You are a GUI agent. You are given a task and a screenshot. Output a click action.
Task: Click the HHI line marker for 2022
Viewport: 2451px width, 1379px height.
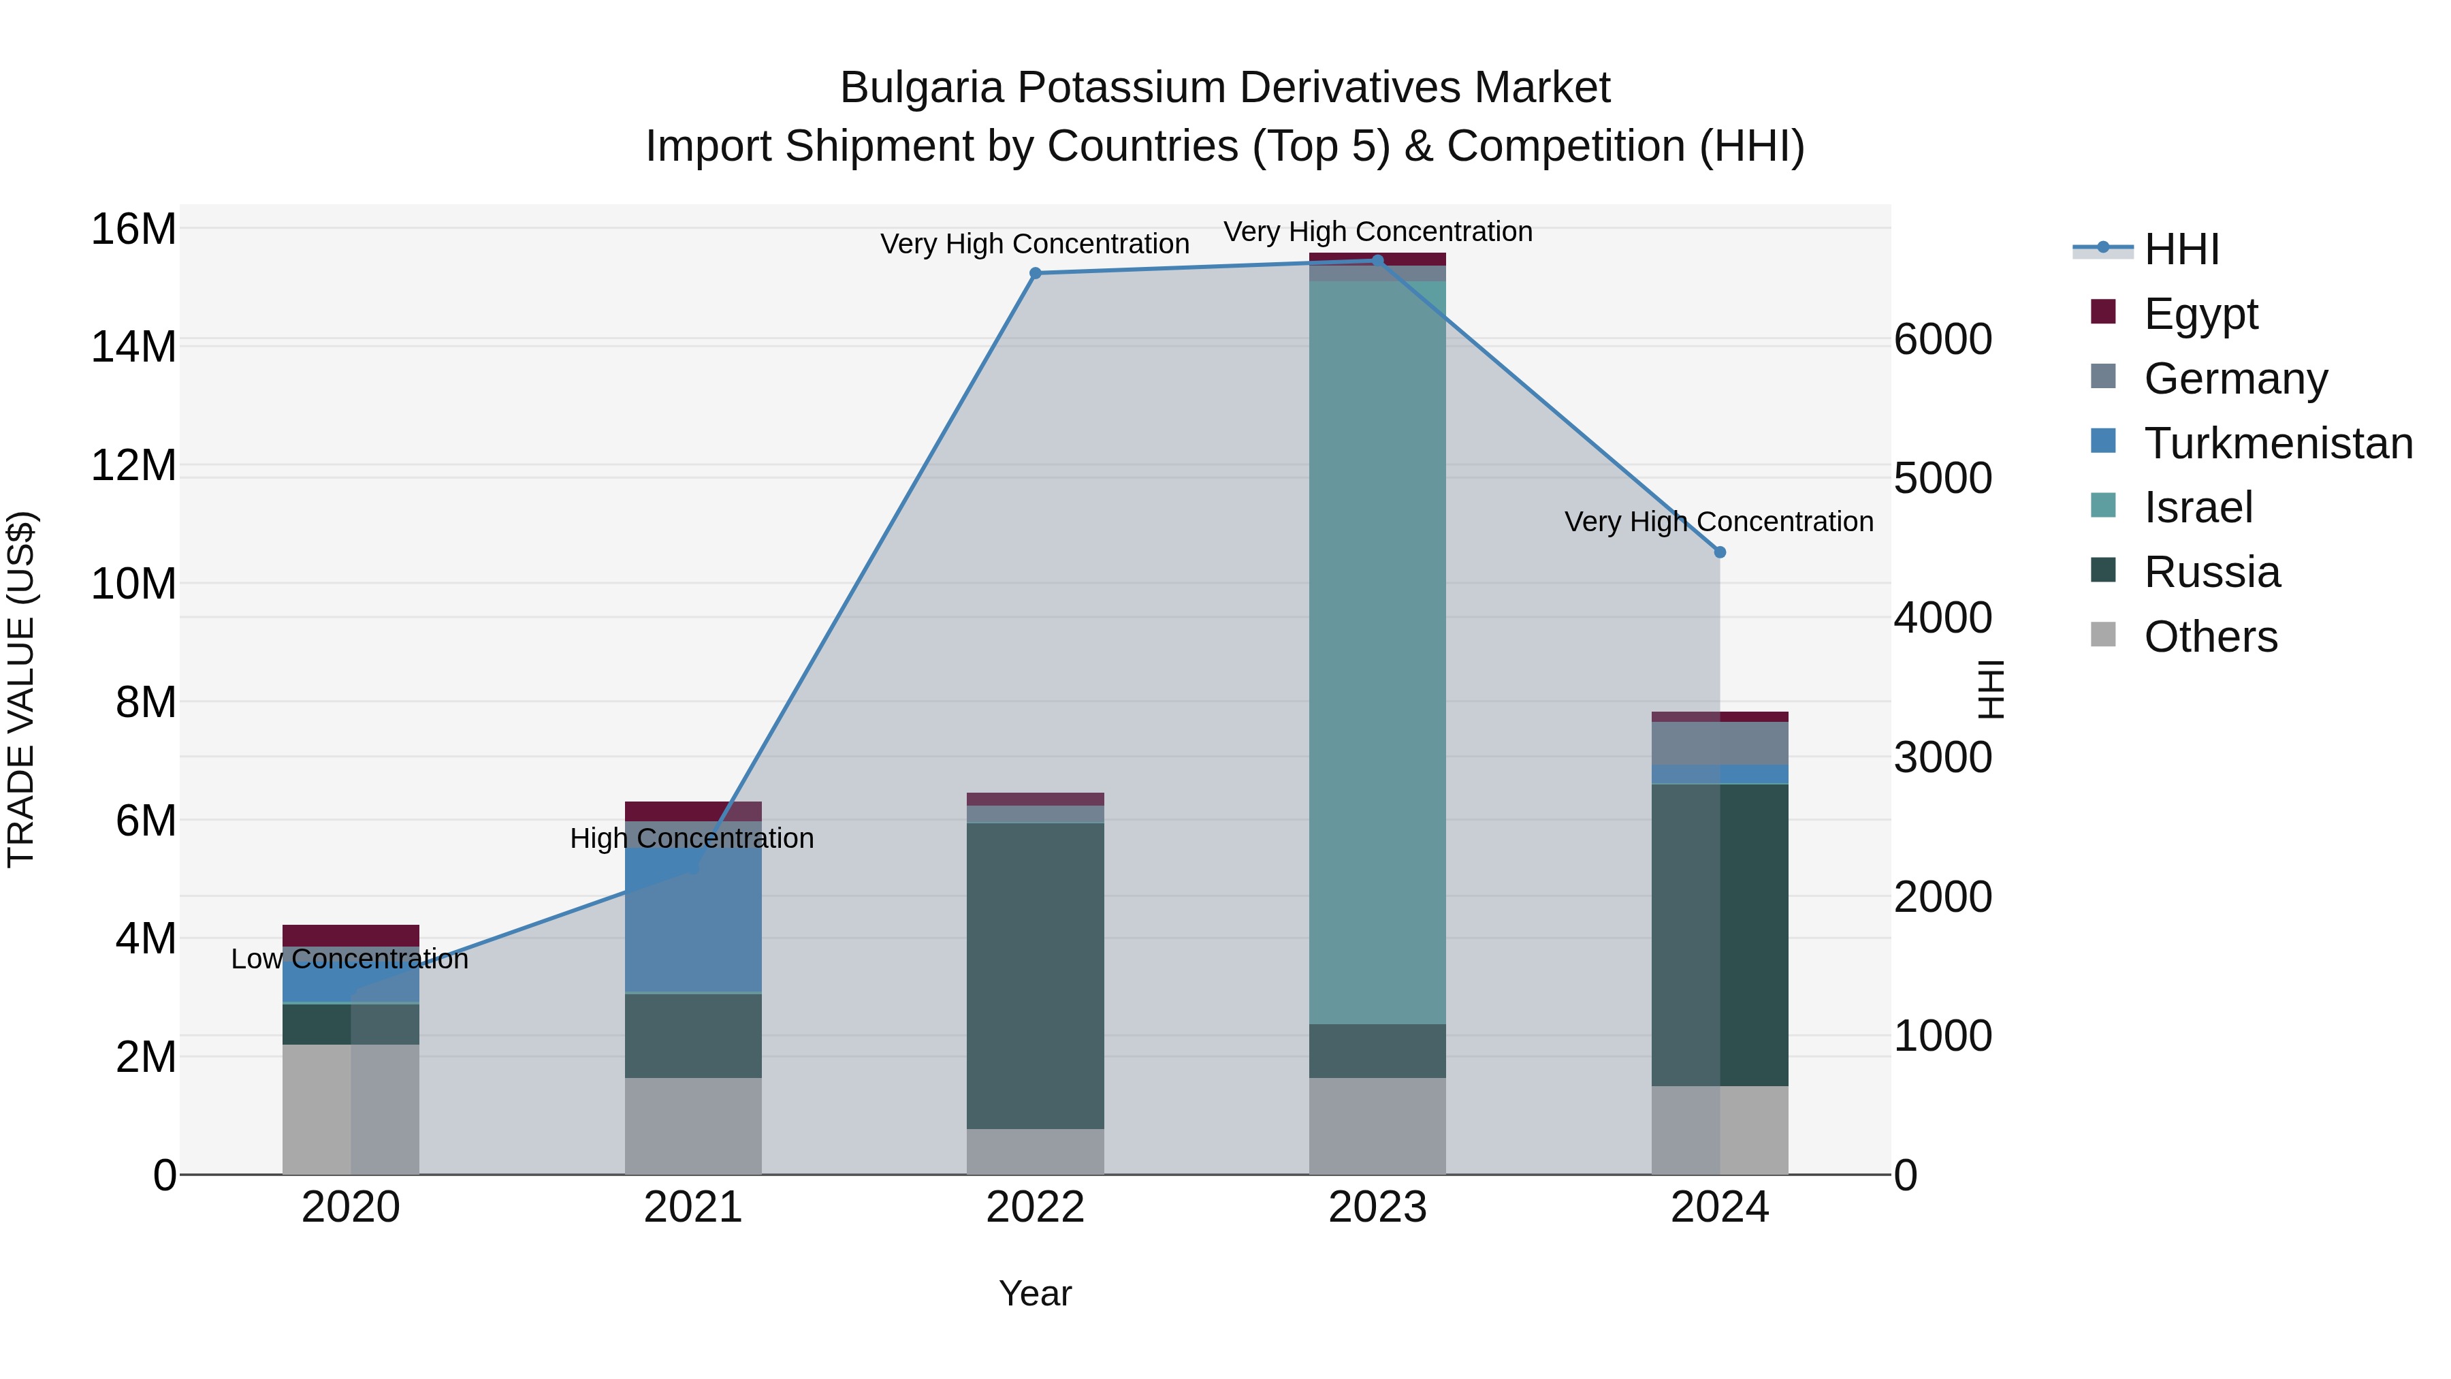(x=1035, y=273)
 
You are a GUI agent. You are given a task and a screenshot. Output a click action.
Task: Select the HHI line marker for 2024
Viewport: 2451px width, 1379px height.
(x=1719, y=552)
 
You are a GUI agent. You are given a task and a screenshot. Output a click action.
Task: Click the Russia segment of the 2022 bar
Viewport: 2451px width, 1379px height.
(x=1035, y=975)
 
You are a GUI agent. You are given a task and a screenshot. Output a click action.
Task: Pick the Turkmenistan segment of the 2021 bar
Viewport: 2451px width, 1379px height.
(x=692, y=919)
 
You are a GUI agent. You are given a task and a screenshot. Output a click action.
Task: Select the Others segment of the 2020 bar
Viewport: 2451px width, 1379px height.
(x=350, y=1109)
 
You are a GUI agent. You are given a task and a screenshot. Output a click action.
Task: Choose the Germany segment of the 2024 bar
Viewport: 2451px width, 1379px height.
(x=1719, y=742)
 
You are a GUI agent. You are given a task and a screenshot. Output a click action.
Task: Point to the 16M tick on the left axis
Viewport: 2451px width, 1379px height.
(x=133, y=229)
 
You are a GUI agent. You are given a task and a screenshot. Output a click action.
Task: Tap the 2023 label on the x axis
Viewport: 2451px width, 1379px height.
(x=1377, y=1207)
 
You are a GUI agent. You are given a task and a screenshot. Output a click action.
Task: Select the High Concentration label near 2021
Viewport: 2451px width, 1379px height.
(x=692, y=838)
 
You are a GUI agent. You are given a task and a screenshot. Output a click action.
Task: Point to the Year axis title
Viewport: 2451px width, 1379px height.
(x=1035, y=1293)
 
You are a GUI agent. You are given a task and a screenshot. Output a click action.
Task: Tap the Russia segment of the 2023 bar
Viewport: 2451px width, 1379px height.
(x=1377, y=1051)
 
